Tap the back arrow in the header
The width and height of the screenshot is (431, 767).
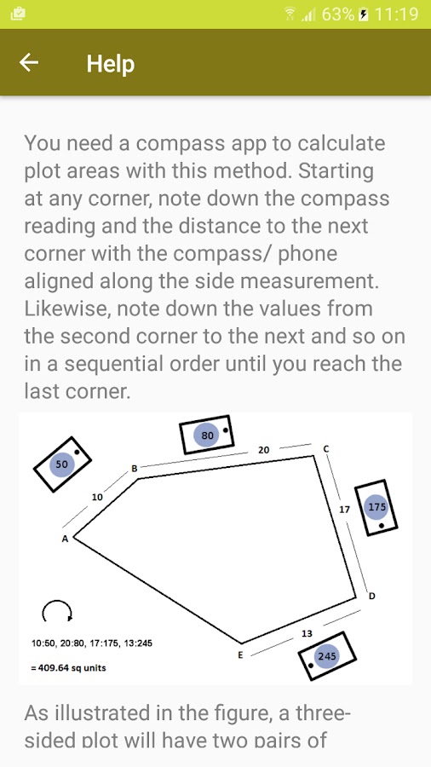(x=29, y=62)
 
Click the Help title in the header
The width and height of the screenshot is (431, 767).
(x=111, y=64)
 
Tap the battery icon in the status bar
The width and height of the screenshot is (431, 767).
(x=363, y=14)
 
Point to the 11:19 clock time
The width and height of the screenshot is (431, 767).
(x=397, y=14)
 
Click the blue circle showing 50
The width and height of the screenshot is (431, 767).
(x=61, y=464)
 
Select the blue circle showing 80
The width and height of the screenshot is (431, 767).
(x=207, y=435)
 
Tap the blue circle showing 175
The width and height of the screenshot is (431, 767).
(x=376, y=507)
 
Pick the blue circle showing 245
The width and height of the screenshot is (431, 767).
(x=326, y=656)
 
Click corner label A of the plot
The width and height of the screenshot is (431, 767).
(x=64, y=539)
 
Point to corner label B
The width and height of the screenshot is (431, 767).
(x=134, y=469)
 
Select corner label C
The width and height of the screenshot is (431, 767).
(x=326, y=448)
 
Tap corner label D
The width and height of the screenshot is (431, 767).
(x=372, y=596)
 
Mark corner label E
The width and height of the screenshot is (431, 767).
(x=240, y=655)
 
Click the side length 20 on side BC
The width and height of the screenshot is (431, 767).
(x=263, y=450)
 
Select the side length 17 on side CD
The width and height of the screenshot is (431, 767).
(x=344, y=510)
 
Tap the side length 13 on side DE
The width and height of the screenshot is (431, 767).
(x=307, y=633)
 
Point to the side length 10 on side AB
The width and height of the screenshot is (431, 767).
(x=97, y=498)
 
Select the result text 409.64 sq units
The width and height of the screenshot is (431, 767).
(x=72, y=667)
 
